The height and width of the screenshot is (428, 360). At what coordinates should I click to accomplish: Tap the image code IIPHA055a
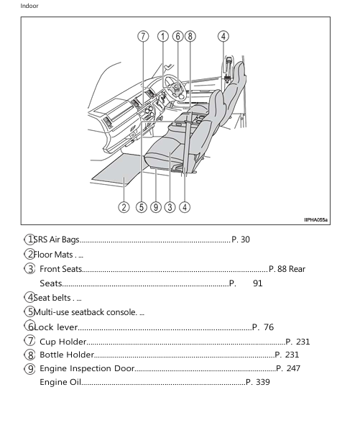pyautogui.click(x=315, y=220)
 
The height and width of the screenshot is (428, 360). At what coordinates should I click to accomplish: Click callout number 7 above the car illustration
pyautogui.click(x=144, y=36)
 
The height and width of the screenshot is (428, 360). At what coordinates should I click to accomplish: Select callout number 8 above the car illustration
pyautogui.click(x=190, y=36)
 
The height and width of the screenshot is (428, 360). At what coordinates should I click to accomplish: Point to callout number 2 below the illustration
pyautogui.click(x=124, y=207)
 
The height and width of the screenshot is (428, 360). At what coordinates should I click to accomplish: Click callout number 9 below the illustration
pyautogui.click(x=155, y=207)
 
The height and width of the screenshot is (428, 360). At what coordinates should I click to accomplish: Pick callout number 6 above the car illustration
pyautogui.click(x=177, y=36)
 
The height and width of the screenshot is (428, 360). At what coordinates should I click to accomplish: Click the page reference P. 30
pyautogui.click(x=240, y=240)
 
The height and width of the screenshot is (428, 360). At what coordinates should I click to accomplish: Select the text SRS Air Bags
pyautogui.click(x=57, y=240)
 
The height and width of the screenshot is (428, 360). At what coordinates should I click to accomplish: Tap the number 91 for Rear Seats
pyautogui.click(x=258, y=283)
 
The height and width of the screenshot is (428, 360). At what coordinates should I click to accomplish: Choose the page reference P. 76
pyautogui.click(x=263, y=327)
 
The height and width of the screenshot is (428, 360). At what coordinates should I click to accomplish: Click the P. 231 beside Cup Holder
pyautogui.click(x=297, y=342)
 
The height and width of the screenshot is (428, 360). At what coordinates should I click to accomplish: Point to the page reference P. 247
pyautogui.click(x=288, y=368)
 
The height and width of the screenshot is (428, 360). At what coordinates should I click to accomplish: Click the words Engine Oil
pyautogui.click(x=60, y=382)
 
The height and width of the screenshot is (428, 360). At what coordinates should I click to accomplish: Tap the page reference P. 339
pyautogui.click(x=257, y=382)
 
